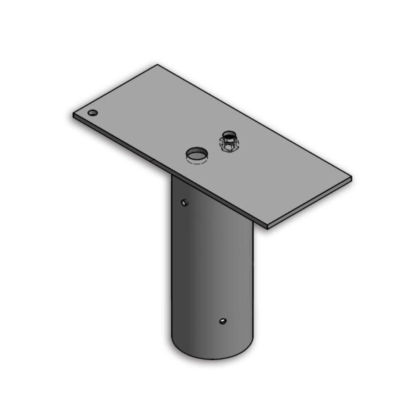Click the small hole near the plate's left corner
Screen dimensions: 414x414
click(x=92, y=113)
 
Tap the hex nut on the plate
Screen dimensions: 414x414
click(x=228, y=146)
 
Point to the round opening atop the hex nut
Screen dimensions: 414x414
click(x=228, y=135)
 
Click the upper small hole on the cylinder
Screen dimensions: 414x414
click(x=184, y=202)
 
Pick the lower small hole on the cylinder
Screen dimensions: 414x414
click(x=222, y=321)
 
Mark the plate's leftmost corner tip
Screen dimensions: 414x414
click(x=72, y=114)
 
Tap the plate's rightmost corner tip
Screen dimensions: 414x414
click(x=351, y=179)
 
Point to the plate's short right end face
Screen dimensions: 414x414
click(x=310, y=204)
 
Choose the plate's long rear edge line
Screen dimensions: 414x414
click(x=255, y=121)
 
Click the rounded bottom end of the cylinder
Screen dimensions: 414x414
click(x=214, y=354)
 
